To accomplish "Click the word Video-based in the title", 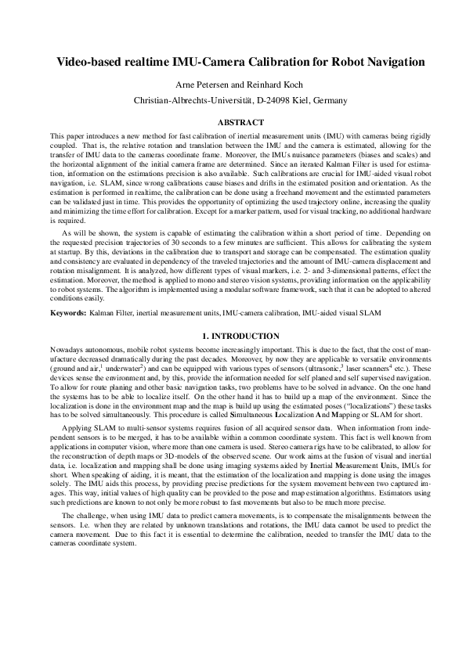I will [x=90, y=61].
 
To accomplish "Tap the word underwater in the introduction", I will [x=115, y=366].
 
